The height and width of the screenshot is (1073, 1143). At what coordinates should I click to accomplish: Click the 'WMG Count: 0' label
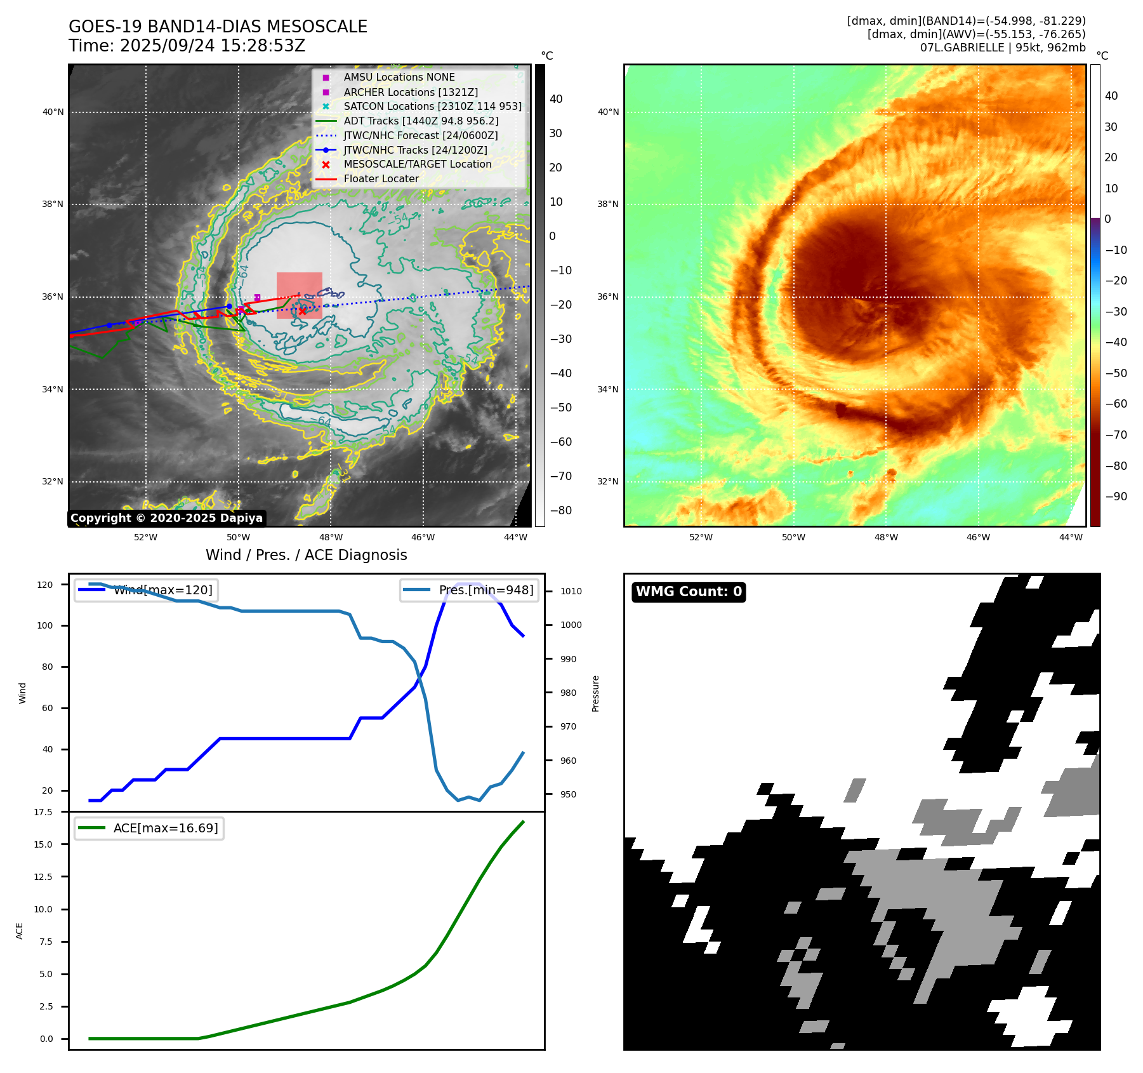(689, 592)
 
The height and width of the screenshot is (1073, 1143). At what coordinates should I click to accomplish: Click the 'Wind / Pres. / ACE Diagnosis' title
(306, 555)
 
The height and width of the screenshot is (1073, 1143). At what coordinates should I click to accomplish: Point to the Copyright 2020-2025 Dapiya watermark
(166, 518)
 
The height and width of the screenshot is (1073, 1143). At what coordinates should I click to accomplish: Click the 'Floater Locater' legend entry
(381, 179)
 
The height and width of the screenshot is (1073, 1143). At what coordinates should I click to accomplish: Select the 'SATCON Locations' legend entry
(432, 107)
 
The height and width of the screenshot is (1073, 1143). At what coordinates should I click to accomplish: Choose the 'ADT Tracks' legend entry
(421, 121)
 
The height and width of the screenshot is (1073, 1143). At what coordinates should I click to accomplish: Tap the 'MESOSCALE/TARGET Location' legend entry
(417, 164)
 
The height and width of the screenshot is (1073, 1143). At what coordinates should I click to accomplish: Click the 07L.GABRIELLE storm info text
(1003, 48)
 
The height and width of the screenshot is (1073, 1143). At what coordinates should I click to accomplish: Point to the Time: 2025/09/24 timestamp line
(187, 46)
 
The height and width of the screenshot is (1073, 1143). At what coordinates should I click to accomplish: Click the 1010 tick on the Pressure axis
(571, 591)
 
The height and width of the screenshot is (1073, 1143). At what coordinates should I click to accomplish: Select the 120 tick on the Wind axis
(45, 585)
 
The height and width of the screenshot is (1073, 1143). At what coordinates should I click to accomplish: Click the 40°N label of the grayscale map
(53, 112)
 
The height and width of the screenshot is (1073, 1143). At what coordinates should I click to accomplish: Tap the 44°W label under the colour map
(1071, 537)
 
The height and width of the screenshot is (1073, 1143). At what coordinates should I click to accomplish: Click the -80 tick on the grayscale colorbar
(560, 510)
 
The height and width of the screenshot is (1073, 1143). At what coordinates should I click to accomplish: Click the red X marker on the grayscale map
(302, 310)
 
